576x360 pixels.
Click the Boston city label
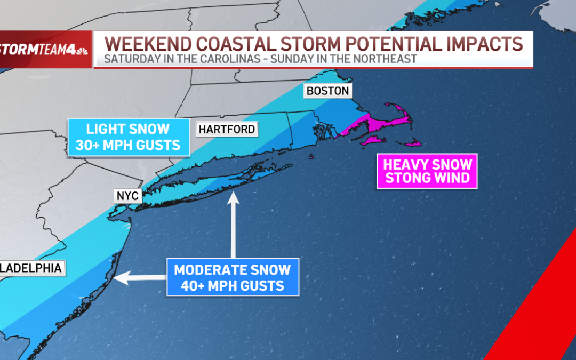(327, 91)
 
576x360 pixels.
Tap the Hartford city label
(227, 129)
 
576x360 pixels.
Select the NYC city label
(128, 196)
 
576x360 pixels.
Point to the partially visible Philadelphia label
(32, 267)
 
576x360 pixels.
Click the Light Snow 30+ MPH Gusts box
(129, 137)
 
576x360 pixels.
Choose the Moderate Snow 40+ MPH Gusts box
(232, 277)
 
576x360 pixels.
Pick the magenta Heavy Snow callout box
(427, 171)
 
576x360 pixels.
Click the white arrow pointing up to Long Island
(233, 224)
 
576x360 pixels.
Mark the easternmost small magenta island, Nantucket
(412, 143)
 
